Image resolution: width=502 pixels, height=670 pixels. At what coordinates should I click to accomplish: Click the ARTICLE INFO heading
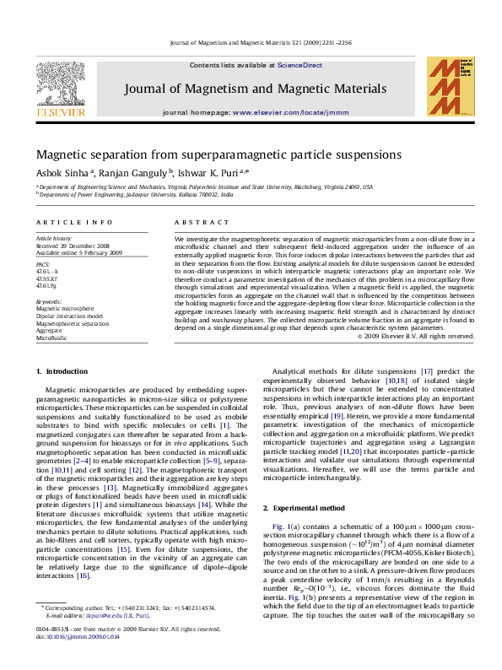73,222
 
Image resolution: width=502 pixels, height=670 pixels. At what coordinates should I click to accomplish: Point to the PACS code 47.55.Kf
47,277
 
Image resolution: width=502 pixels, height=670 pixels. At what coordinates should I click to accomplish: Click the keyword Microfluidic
51,337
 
